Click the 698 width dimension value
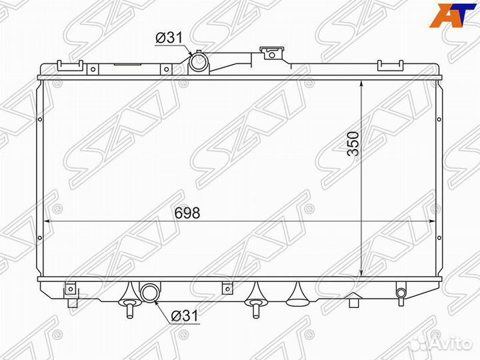tap(187, 213)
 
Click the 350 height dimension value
tap(353, 143)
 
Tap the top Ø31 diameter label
tap(169, 39)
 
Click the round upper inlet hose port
tap(198, 63)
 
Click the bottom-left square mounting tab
tap(69, 290)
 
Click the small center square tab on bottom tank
tap(227, 289)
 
